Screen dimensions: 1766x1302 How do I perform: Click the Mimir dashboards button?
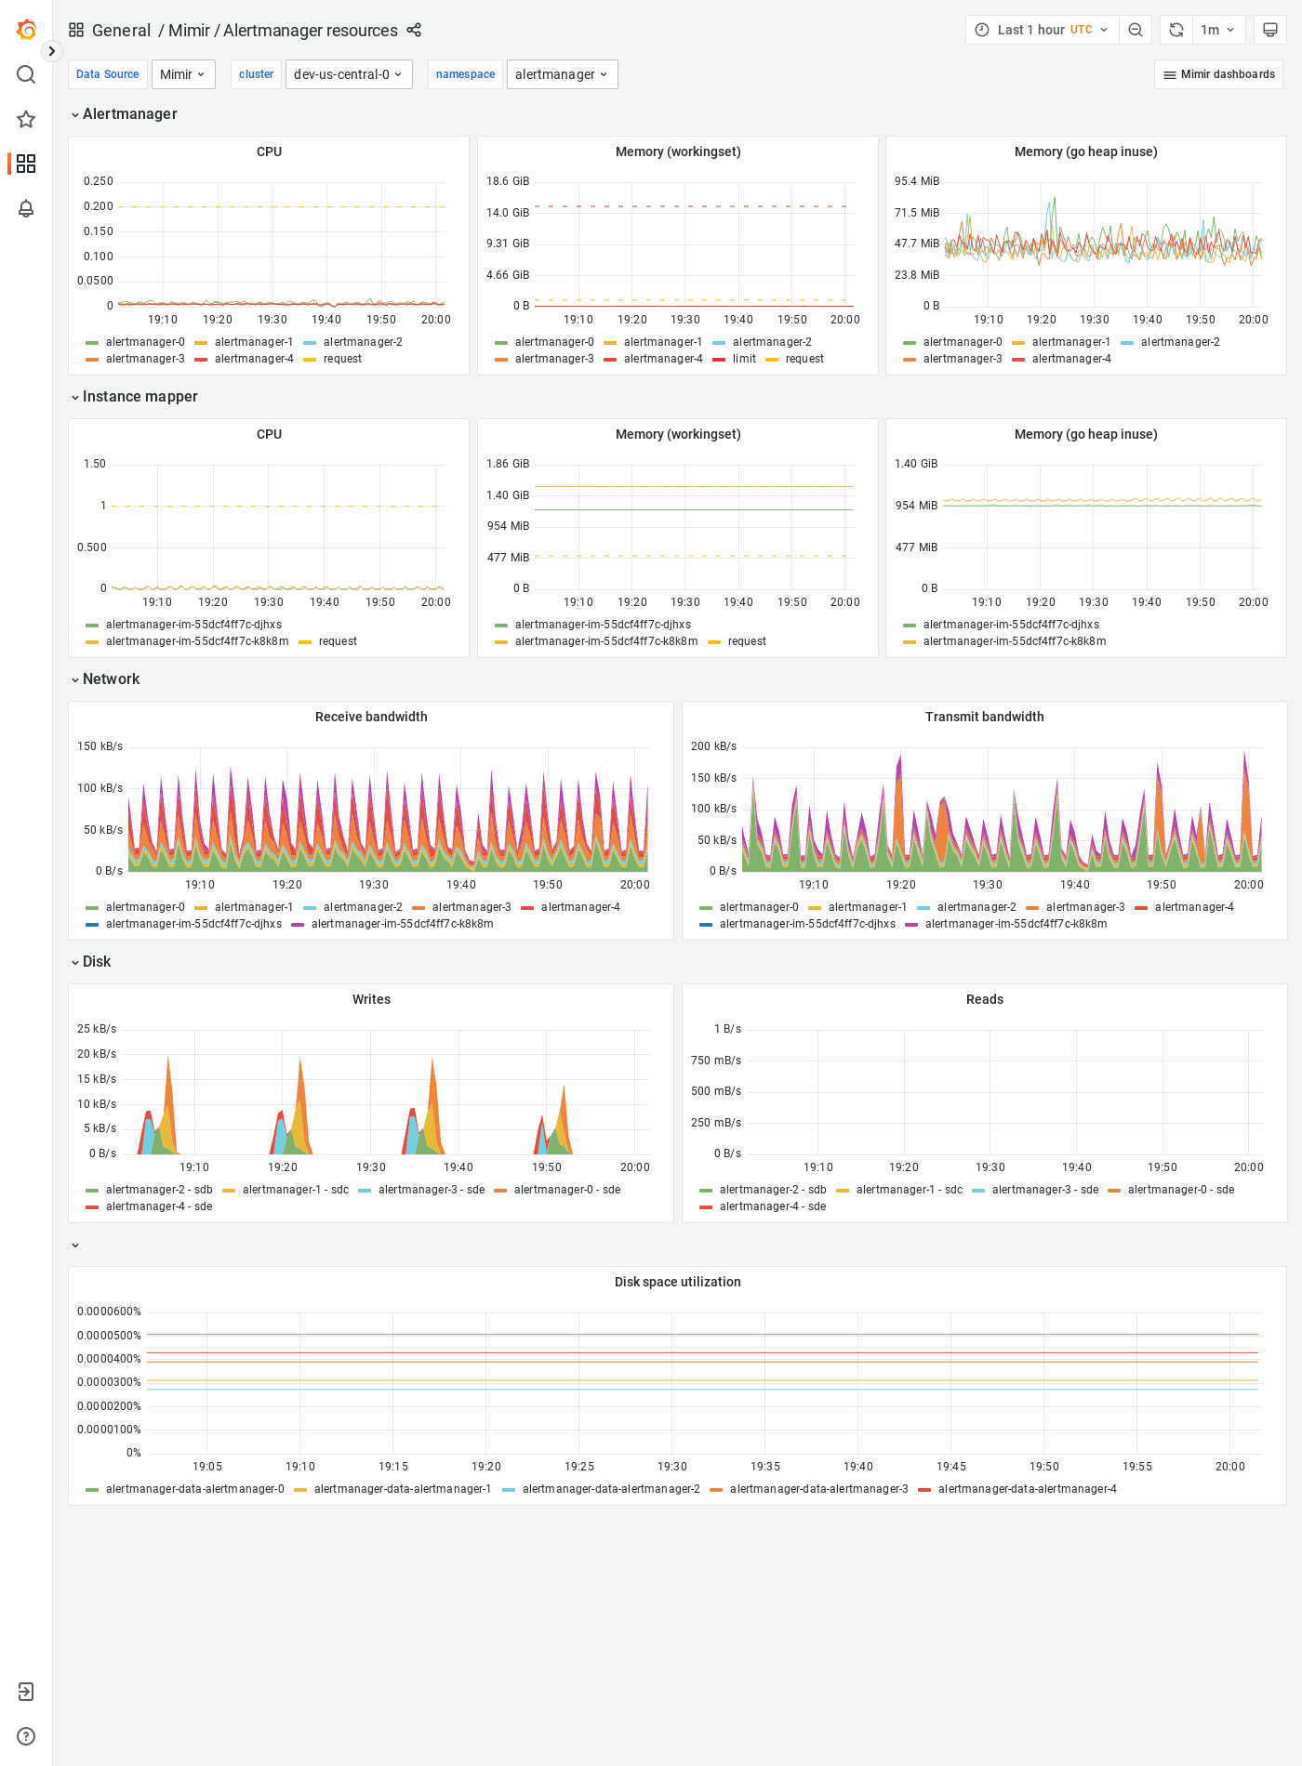(x=1218, y=74)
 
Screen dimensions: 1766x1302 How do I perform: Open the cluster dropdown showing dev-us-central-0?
(x=348, y=74)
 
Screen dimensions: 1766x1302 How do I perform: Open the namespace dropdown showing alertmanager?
(x=562, y=74)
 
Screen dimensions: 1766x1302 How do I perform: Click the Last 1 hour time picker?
(x=1042, y=30)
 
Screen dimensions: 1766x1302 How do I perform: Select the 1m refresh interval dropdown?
(x=1217, y=30)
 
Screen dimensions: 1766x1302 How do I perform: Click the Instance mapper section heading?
(x=139, y=397)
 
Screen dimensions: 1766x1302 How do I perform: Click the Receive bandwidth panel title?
(x=371, y=717)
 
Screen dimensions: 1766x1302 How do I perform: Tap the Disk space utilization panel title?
(x=677, y=1282)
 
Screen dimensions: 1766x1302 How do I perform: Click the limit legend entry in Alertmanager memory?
(x=744, y=359)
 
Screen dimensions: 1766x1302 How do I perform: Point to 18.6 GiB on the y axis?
(x=508, y=181)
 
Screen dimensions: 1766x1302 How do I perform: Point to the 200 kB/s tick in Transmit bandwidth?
(x=713, y=746)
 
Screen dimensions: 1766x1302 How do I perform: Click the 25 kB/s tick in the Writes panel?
(x=97, y=1029)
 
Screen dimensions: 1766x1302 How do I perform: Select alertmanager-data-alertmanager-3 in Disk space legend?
(x=818, y=1489)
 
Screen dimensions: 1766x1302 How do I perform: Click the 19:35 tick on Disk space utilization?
(x=765, y=1467)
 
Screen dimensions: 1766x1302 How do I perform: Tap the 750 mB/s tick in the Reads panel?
(x=716, y=1061)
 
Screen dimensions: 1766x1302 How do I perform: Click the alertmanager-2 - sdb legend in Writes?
(x=159, y=1190)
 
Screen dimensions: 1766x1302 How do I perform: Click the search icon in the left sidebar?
(x=26, y=74)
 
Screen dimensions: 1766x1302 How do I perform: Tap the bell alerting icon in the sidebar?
(x=26, y=208)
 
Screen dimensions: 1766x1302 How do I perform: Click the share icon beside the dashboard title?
(x=414, y=30)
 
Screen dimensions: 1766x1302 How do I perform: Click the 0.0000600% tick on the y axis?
(x=109, y=1311)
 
